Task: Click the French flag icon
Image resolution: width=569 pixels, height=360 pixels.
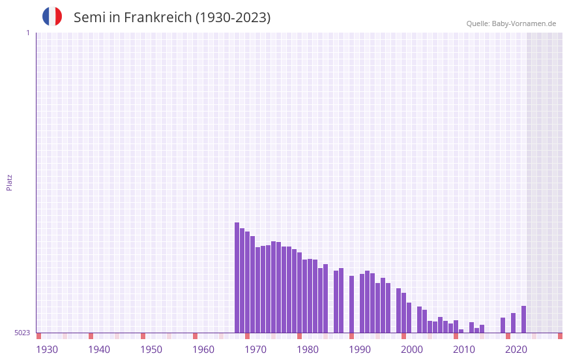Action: (x=52, y=16)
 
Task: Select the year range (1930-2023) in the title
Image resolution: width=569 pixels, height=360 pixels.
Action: (x=233, y=18)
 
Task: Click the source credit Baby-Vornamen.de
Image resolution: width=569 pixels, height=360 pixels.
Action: (x=511, y=24)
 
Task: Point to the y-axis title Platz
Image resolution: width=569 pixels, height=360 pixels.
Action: (x=9, y=182)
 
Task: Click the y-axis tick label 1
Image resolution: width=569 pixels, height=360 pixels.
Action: (x=28, y=33)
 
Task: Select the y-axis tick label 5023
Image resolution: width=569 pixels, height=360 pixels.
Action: (x=22, y=333)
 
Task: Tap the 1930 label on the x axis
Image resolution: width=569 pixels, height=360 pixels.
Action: (x=47, y=350)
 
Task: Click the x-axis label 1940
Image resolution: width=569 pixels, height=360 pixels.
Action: (x=99, y=350)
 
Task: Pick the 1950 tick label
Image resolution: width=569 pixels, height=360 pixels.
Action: (x=151, y=350)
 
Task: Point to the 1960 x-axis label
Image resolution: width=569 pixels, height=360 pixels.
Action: (x=203, y=350)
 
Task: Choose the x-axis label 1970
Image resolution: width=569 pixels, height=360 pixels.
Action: (x=255, y=350)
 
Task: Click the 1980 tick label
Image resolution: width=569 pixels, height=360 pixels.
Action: (x=308, y=350)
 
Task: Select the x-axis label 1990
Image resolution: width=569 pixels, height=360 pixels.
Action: (x=360, y=350)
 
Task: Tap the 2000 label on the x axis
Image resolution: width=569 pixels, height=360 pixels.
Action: (x=412, y=350)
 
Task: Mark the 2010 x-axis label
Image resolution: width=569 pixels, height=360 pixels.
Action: (x=464, y=350)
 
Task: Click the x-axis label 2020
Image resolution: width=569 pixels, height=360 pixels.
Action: (x=516, y=350)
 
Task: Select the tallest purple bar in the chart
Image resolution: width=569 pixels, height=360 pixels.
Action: (x=237, y=277)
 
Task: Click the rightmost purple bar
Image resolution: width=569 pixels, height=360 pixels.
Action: (x=523, y=320)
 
